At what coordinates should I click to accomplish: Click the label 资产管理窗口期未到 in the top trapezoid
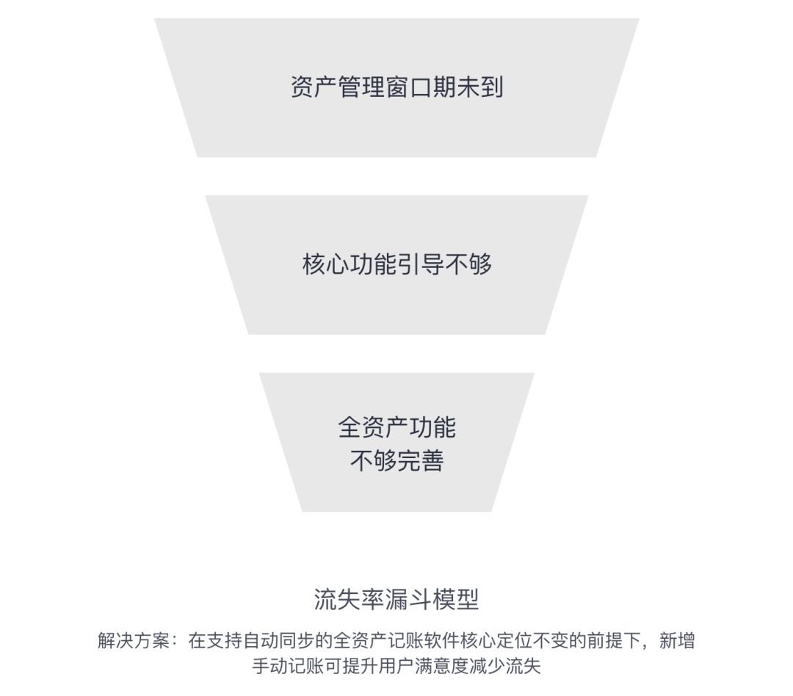coord(396,87)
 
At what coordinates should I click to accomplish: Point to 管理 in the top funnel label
coord(361,87)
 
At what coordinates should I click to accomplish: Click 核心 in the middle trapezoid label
coord(325,264)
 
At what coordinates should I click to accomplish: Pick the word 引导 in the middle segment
coord(421,264)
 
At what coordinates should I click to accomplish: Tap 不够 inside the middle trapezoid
coord(468,264)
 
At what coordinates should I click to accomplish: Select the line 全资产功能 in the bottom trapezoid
coord(396,427)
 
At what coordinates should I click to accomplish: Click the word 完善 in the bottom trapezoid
coord(421,461)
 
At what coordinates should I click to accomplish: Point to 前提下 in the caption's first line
coord(615,641)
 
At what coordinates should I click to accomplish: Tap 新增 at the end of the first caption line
coord(677,641)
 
